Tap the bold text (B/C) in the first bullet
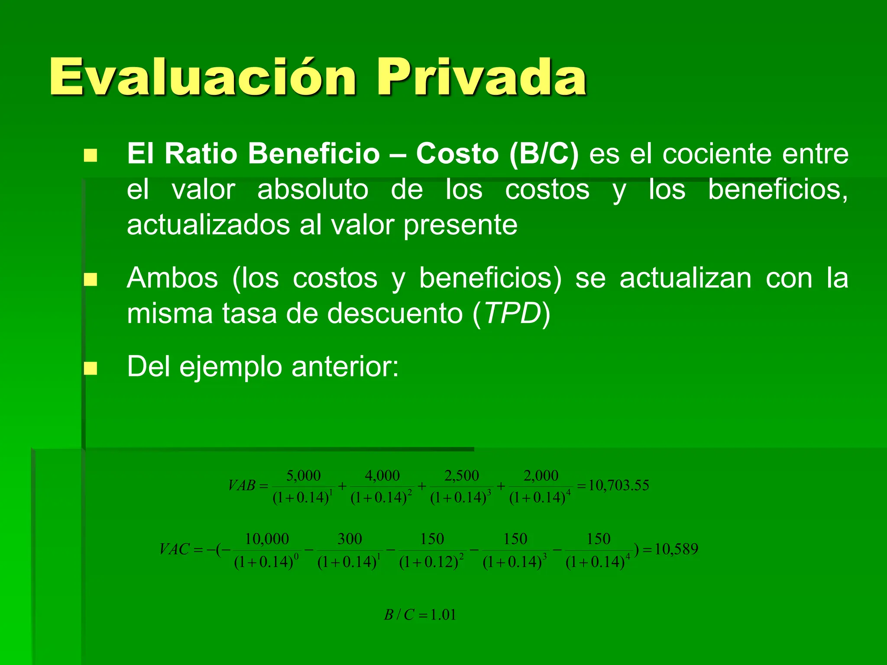coord(544,154)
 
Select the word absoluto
coord(313,190)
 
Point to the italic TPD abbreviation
coord(512,313)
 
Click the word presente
coord(460,225)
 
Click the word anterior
coord(345,367)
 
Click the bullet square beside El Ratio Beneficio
coord(91,155)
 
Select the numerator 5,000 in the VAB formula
coord(303,475)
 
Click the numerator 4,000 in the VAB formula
coord(382,475)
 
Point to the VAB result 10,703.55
coord(618,485)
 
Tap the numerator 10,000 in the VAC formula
coord(267,539)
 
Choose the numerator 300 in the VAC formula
coord(350,539)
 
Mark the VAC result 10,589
coord(676,549)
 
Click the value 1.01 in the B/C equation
coord(443,615)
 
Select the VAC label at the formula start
coord(175,549)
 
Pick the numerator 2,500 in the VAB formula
coord(462,475)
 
